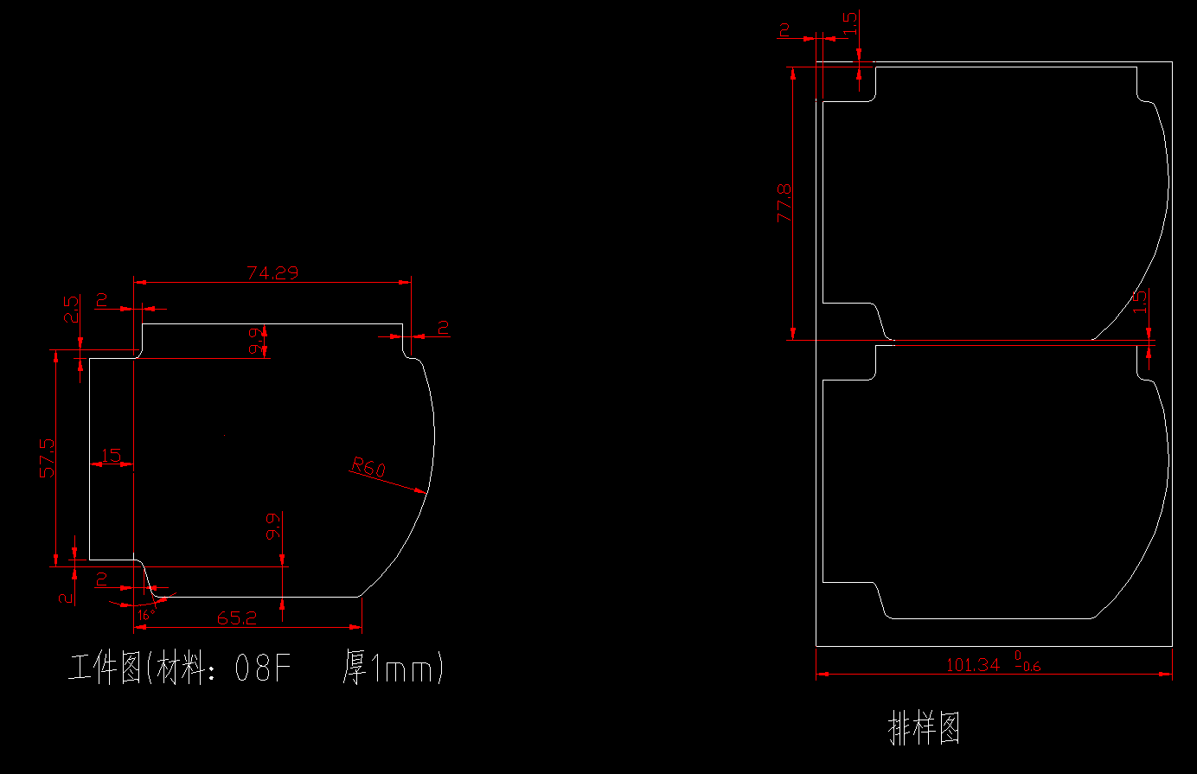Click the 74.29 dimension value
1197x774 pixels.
(272, 273)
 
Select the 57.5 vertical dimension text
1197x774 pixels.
(47, 457)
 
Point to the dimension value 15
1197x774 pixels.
(111, 455)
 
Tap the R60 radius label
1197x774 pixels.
(368, 468)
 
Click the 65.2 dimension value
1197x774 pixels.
(236, 618)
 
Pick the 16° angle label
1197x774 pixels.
(144, 615)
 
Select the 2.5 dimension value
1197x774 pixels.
(71, 310)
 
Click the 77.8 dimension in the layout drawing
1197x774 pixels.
(784, 202)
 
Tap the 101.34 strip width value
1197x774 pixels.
(972, 665)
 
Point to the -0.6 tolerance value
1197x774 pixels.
(1028, 667)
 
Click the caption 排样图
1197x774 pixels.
(925, 728)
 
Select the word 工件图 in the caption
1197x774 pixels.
(106, 668)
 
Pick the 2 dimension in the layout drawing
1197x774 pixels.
(784, 30)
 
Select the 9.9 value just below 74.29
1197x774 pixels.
(256, 341)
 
